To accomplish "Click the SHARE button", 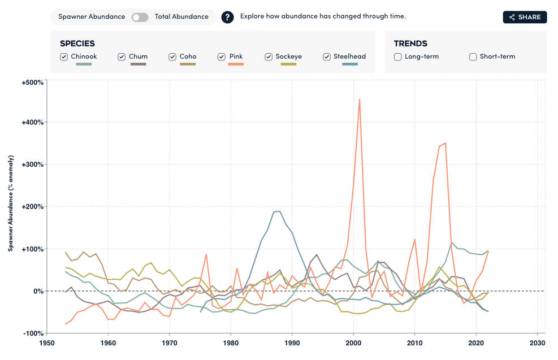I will [525, 17].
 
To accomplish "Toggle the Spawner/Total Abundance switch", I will [140, 17].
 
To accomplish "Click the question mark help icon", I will [227, 17].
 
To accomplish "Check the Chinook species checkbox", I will [64, 57].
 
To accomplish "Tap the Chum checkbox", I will [122, 57].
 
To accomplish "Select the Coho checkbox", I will [172, 57].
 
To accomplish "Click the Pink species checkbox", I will [222, 57].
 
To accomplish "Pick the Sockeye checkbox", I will [269, 57].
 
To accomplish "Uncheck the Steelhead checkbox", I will [327, 57].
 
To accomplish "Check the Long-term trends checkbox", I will [398, 57].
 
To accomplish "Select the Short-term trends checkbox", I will [473, 57].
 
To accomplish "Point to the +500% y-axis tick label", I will [32, 83].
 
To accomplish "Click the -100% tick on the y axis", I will [33, 333].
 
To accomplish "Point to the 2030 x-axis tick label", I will [538, 343].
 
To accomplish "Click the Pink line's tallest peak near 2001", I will [360, 99].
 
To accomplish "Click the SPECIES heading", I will [77, 44].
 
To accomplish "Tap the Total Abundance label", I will [181, 17].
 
